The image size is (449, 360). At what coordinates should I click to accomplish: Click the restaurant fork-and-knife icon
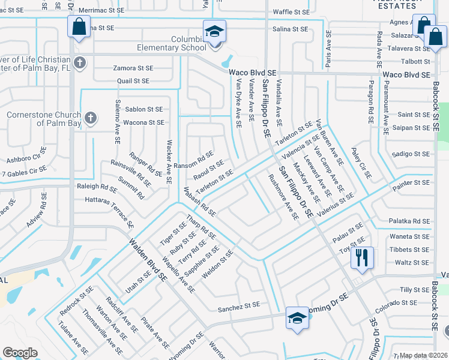point(362,257)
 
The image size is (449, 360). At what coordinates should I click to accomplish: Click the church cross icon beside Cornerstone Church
point(91,117)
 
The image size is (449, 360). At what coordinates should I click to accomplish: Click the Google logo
point(20,353)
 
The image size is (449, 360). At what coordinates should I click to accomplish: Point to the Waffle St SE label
point(291,12)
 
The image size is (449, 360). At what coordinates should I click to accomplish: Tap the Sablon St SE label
point(144,109)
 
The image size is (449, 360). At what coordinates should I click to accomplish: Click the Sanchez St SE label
point(239,305)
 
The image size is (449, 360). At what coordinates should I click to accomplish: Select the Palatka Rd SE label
point(410,221)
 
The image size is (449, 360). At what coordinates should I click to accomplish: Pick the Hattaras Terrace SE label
point(109,208)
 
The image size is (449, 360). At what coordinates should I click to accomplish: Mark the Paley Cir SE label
point(362,164)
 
